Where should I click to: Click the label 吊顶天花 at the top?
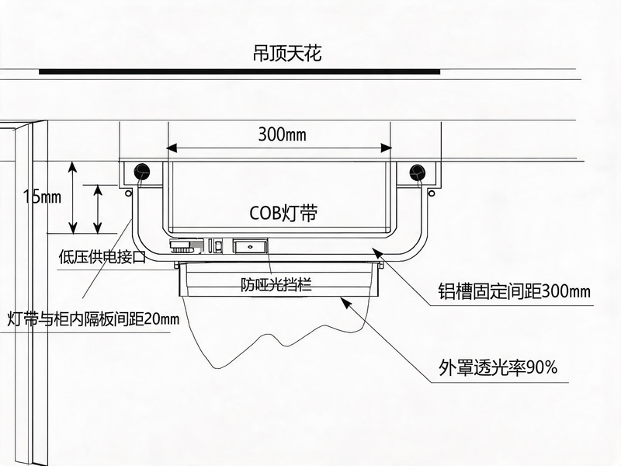pos(287,53)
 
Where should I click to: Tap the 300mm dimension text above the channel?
pos(282,134)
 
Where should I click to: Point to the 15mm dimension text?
pos(42,196)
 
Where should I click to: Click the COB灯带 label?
pos(283,213)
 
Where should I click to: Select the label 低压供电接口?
pos(102,257)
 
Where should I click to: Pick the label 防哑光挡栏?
pos(276,284)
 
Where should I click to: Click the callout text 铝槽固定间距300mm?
pos(514,291)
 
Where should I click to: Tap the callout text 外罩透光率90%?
pos(498,367)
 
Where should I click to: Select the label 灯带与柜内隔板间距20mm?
pos(93,318)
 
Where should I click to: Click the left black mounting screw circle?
pos(142,172)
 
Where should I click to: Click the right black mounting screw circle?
pos(417,172)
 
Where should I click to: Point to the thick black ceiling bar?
pos(240,71)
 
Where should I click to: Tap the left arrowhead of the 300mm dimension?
pos(171,148)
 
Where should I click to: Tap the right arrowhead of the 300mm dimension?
pos(386,148)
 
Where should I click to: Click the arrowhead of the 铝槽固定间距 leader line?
pos(377,252)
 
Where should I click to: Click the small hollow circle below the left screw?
pos(128,193)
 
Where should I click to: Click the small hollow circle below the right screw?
pos(432,193)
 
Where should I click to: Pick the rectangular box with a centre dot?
pos(250,246)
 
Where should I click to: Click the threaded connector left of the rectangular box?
pos(182,246)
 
